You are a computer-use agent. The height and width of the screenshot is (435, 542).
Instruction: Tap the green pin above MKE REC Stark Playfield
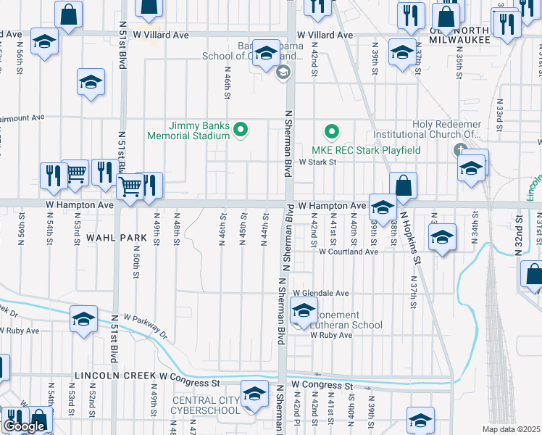click(x=331, y=131)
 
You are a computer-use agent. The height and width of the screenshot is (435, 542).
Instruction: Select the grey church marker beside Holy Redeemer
click(x=459, y=150)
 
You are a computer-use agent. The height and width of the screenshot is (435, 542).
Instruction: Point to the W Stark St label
click(x=319, y=162)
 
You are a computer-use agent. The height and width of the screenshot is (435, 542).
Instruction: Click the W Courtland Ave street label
click(x=349, y=252)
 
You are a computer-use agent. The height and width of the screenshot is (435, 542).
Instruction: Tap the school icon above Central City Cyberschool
click(x=254, y=395)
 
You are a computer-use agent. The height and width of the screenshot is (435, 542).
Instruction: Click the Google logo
click(x=24, y=426)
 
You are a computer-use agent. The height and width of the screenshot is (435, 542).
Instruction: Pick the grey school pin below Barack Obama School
click(x=283, y=71)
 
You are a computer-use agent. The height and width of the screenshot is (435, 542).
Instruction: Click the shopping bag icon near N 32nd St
click(x=533, y=276)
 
